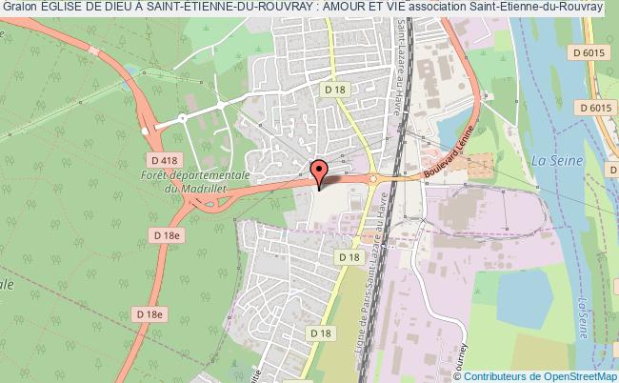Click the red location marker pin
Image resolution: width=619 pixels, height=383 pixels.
coord(320,169)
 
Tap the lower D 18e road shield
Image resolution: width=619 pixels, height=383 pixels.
coord(150,313)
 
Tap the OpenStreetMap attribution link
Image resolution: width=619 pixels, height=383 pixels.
coord(571,374)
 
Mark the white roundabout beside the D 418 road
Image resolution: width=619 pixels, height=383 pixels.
coord(145,129)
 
